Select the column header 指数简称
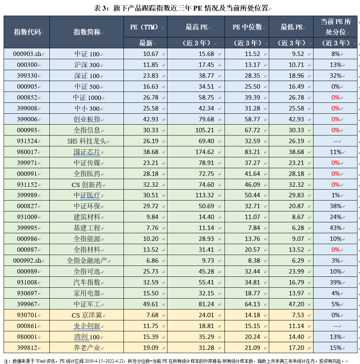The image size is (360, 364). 86,32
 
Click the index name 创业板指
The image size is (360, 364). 86,120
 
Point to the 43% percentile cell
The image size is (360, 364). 335,228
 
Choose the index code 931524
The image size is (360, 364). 27,141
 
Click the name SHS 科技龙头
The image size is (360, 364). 86,141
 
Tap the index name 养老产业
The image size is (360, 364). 86,348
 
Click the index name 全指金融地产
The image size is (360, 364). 86,261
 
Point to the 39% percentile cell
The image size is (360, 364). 335,283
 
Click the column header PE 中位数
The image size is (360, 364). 247,27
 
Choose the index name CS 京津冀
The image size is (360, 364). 86,315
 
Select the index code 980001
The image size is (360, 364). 27,337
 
